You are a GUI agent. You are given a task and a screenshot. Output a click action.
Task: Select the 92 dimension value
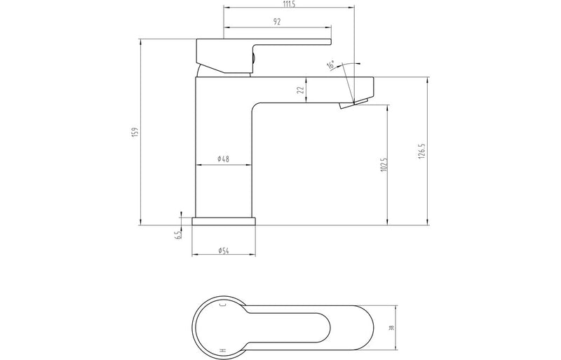point(278,22)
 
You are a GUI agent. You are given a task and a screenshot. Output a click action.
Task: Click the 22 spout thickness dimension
point(300,89)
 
